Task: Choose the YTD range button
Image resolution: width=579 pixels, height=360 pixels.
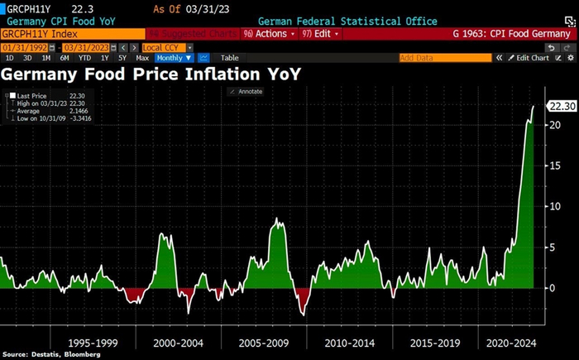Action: [84, 58]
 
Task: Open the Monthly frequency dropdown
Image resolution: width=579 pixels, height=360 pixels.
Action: [174, 58]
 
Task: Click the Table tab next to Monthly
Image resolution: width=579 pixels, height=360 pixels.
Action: [229, 58]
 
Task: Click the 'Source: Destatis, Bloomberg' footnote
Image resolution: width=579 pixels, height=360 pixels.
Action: [51, 354]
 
